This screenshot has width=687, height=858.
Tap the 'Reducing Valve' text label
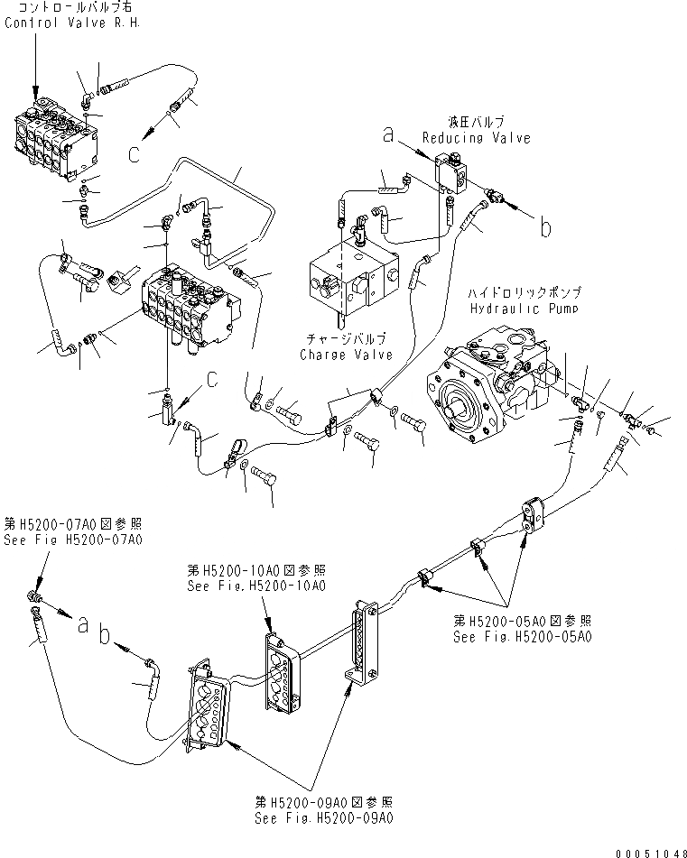tap(476, 138)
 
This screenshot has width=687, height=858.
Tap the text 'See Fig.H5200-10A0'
tap(256, 585)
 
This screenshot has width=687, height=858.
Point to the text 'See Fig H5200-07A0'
tap(74, 539)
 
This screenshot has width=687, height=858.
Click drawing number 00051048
tap(652, 851)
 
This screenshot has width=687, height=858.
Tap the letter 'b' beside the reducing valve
tap(544, 228)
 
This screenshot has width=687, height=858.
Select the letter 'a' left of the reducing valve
tap(388, 135)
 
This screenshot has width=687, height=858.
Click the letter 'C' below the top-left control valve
tap(134, 154)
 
